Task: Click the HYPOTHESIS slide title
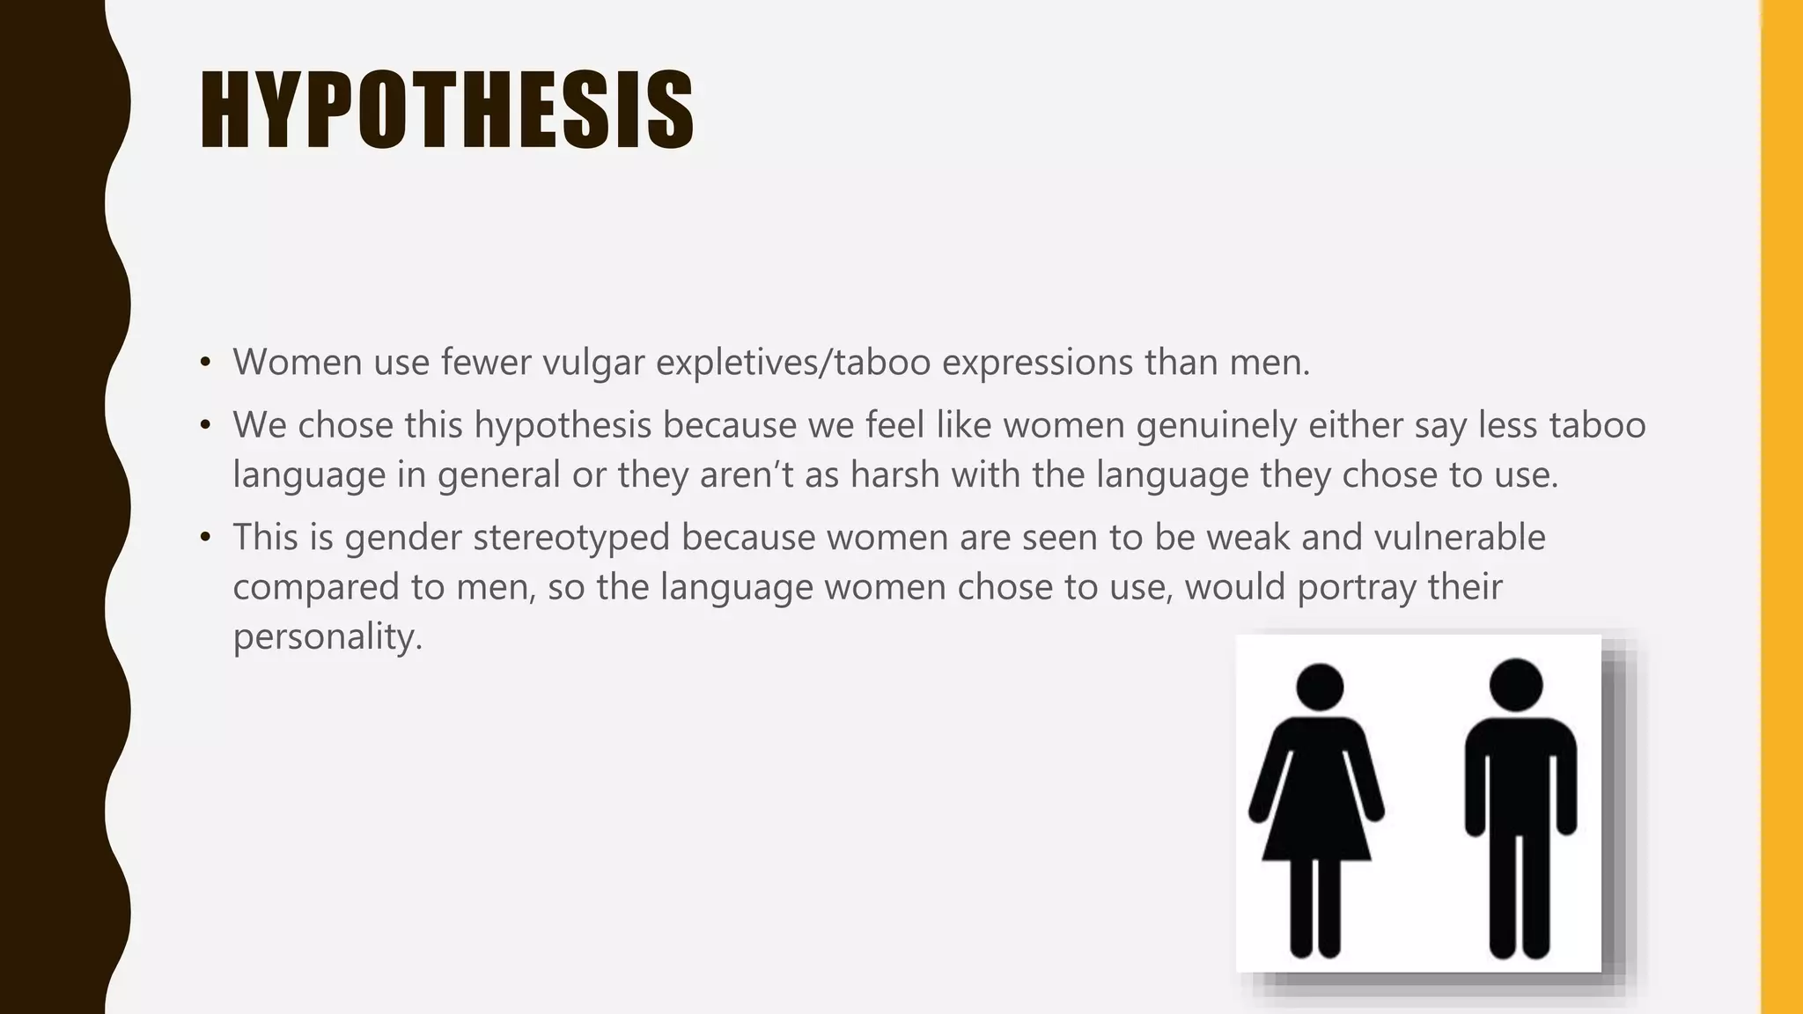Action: pos(446,110)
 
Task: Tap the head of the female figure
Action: pos(1320,687)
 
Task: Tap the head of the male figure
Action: pos(1516,684)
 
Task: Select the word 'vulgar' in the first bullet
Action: pos(593,363)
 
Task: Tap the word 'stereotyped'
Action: pos(571,538)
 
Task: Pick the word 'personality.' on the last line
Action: pos(327,637)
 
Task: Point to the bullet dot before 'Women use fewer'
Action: pos(205,363)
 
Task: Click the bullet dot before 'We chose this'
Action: pos(205,426)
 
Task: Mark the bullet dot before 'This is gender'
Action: pos(205,538)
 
